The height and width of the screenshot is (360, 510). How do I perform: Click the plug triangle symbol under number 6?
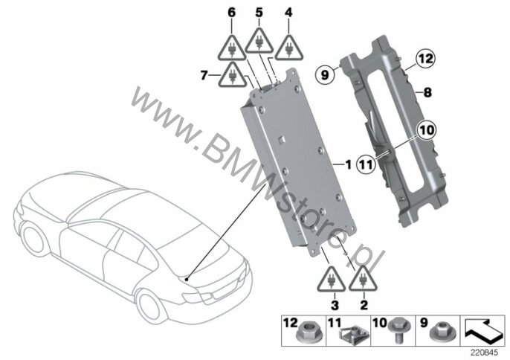pyautogui.click(x=232, y=47)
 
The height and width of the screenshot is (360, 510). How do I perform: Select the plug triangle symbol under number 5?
pyautogui.click(x=259, y=40)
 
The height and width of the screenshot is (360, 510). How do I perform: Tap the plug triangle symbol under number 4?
pyautogui.click(x=288, y=48)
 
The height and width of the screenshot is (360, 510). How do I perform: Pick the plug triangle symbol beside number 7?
pyautogui.click(x=232, y=74)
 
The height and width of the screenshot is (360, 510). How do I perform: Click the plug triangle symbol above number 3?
pyautogui.click(x=332, y=279)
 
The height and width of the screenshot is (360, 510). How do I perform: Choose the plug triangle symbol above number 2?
pyautogui.click(x=363, y=278)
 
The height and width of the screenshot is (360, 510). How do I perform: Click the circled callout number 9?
pyautogui.click(x=325, y=76)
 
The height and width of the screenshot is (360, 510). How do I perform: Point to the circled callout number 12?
pyautogui.click(x=427, y=59)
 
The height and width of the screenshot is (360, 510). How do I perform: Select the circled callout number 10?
pyautogui.click(x=427, y=130)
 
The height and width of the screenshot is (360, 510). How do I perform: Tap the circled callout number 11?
pyautogui.click(x=367, y=164)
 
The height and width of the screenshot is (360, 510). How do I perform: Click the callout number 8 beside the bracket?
pyautogui.click(x=427, y=93)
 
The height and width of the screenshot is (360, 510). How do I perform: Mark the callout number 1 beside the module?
pyautogui.click(x=349, y=164)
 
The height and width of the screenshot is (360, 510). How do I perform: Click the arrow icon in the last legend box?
pyautogui.click(x=482, y=331)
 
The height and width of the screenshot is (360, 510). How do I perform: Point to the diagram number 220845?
pyautogui.click(x=484, y=353)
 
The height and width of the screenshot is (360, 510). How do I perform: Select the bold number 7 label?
pyautogui.click(x=204, y=76)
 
